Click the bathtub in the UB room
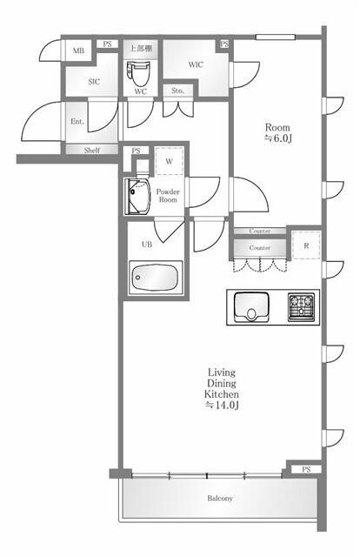click(156, 278)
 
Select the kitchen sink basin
click(251, 306)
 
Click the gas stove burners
click(301, 306)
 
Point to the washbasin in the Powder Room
click(137, 197)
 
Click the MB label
click(78, 50)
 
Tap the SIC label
click(94, 82)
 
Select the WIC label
click(196, 64)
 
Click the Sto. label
click(178, 91)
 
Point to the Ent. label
click(77, 122)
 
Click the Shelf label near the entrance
click(92, 150)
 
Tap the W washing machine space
click(170, 161)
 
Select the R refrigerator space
click(306, 245)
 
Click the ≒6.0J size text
click(278, 138)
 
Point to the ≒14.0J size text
click(222, 405)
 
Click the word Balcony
click(220, 499)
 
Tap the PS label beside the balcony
click(306, 469)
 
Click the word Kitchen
click(222, 394)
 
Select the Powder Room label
click(168, 195)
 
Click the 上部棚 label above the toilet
click(141, 48)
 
